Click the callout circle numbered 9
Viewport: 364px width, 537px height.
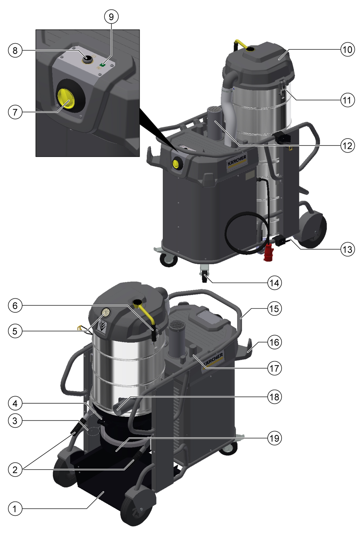tap(111, 17)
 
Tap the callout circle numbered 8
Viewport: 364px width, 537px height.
tap(15, 51)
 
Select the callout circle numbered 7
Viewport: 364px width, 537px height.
tap(15, 112)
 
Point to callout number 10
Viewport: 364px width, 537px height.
tap(348, 49)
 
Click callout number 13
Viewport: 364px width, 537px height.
tap(348, 249)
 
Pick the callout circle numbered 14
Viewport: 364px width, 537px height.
tap(275, 283)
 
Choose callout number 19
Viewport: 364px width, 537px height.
tap(275, 438)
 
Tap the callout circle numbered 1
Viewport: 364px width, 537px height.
tap(15, 509)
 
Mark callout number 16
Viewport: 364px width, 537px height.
tap(275, 342)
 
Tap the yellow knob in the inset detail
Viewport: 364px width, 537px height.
tap(66, 99)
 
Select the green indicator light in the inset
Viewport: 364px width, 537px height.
tap(103, 65)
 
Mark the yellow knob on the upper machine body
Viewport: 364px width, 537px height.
tap(176, 163)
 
